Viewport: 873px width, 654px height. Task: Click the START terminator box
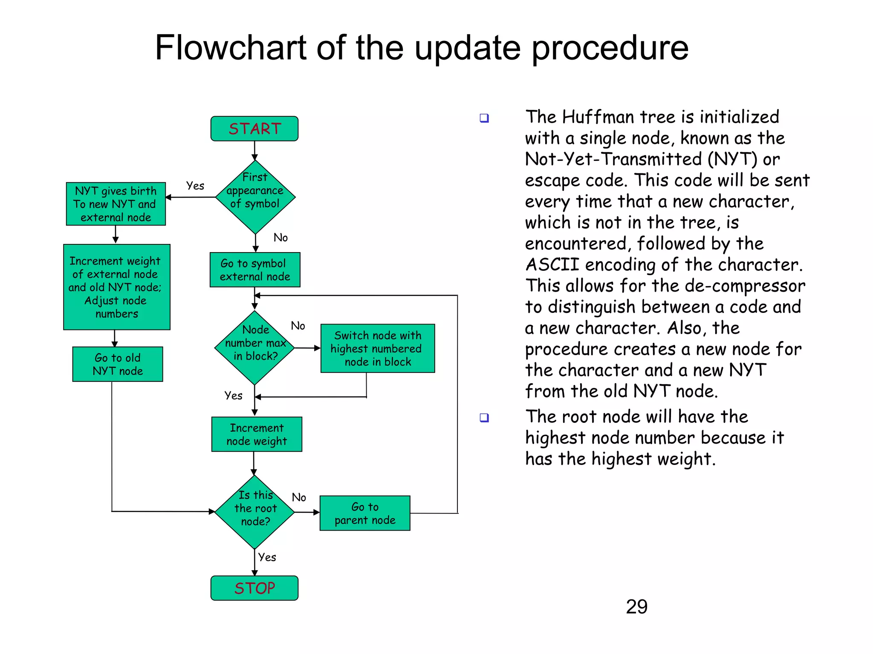pos(254,129)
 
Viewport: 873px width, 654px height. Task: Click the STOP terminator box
pos(254,588)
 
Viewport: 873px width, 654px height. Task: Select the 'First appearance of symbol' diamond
pos(255,197)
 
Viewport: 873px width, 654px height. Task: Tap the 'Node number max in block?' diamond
pos(254,347)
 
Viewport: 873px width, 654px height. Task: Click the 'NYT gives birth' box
pos(116,204)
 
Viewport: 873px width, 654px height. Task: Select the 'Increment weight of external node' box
pos(116,287)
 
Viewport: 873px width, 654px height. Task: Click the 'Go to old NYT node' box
pos(117,364)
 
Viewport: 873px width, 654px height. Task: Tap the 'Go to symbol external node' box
pos(255,270)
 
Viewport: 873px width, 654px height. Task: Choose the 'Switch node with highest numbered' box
pos(377,348)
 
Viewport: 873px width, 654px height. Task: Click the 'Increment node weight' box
pos(257,434)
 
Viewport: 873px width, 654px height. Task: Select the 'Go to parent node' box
pos(365,513)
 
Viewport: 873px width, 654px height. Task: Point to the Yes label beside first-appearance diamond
pos(195,186)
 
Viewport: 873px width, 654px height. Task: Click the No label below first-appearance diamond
pos(280,238)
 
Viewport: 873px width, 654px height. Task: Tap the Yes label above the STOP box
pos(267,557)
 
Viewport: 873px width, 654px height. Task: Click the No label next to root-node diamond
pos(299,497)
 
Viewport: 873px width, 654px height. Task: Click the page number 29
pos(636,607)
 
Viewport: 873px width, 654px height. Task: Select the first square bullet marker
pos(484,118)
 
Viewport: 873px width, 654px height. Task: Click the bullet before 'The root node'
pos(484,418)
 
